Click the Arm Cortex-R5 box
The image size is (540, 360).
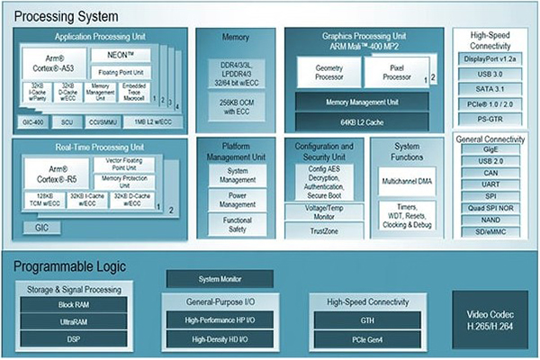[x=51, y=171]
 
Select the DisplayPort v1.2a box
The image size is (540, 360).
[x=491, y=60]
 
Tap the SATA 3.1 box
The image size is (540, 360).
[x=491, y=88]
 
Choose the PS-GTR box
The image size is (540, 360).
[x=491, y=116]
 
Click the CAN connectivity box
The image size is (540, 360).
[x=491, y=174]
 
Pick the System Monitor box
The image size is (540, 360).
[x=219, y=280]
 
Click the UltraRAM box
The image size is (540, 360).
[x=74, y=319]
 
